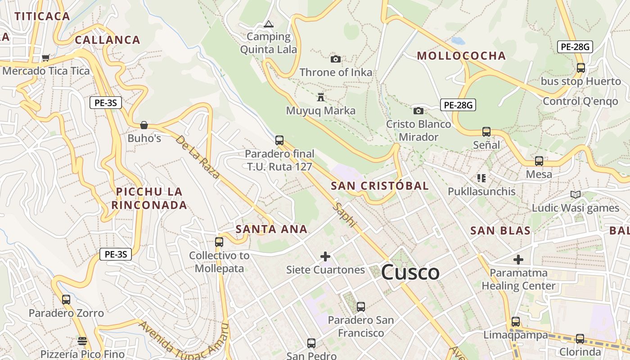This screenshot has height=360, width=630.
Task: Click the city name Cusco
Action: click(x=410, y=272)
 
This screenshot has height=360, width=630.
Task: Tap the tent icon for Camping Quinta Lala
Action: click(x=269, y=24)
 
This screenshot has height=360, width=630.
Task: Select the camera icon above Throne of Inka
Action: click(x=335, y=59)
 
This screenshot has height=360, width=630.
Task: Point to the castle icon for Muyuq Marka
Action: click(x=321, y=97)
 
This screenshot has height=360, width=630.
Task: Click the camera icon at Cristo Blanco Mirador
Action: click(x=418, y=111)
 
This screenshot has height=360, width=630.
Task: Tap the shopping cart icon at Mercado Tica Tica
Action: click(x=45, y=58)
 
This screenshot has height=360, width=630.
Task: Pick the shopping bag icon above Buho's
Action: click(x=144, y=125)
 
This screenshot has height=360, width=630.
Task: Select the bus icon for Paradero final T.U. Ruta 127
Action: click(x=279, y=140)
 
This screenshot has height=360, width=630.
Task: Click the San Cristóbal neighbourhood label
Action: click(x=380, y=186)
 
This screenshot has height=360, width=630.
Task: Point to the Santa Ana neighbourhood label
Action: click(x=271, y=229)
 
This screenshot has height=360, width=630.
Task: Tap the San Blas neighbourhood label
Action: click(x=500, y=231)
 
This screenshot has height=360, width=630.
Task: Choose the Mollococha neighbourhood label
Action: click(x=461, y=56)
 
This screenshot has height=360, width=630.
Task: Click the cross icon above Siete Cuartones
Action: click(x=325, y=256)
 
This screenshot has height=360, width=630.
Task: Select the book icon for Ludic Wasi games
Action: click(x=575, y=194)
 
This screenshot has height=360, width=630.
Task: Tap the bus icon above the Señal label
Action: click(x=486, y=132)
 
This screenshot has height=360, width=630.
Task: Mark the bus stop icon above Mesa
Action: click(x=539, y=161)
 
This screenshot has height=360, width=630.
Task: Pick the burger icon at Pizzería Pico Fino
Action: click(x=82, y=341)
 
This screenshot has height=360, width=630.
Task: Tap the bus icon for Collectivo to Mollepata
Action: click(x=219, y=242)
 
